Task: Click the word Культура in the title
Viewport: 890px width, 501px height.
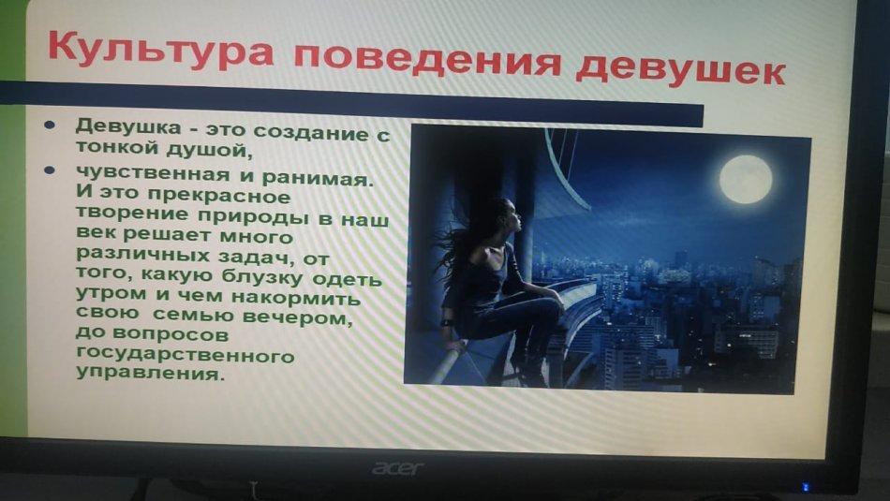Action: tap(161, 51)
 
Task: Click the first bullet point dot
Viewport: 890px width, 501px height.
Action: tap(50, 125)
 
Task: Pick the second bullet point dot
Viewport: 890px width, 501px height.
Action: tap(50, 169)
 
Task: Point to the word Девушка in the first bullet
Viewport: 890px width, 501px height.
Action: tap(128, 126)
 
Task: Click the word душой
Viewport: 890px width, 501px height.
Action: tap(209, 151)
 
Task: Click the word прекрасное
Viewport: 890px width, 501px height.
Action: tap(218, 196)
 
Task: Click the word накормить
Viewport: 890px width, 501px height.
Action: tap(296, 297)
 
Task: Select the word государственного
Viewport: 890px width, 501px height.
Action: tap(185, 355)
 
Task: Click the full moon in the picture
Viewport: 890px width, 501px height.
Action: tap(746, 178)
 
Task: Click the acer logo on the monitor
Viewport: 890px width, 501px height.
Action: tap(397, 468)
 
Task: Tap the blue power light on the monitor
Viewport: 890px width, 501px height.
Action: tap(806, 487)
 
